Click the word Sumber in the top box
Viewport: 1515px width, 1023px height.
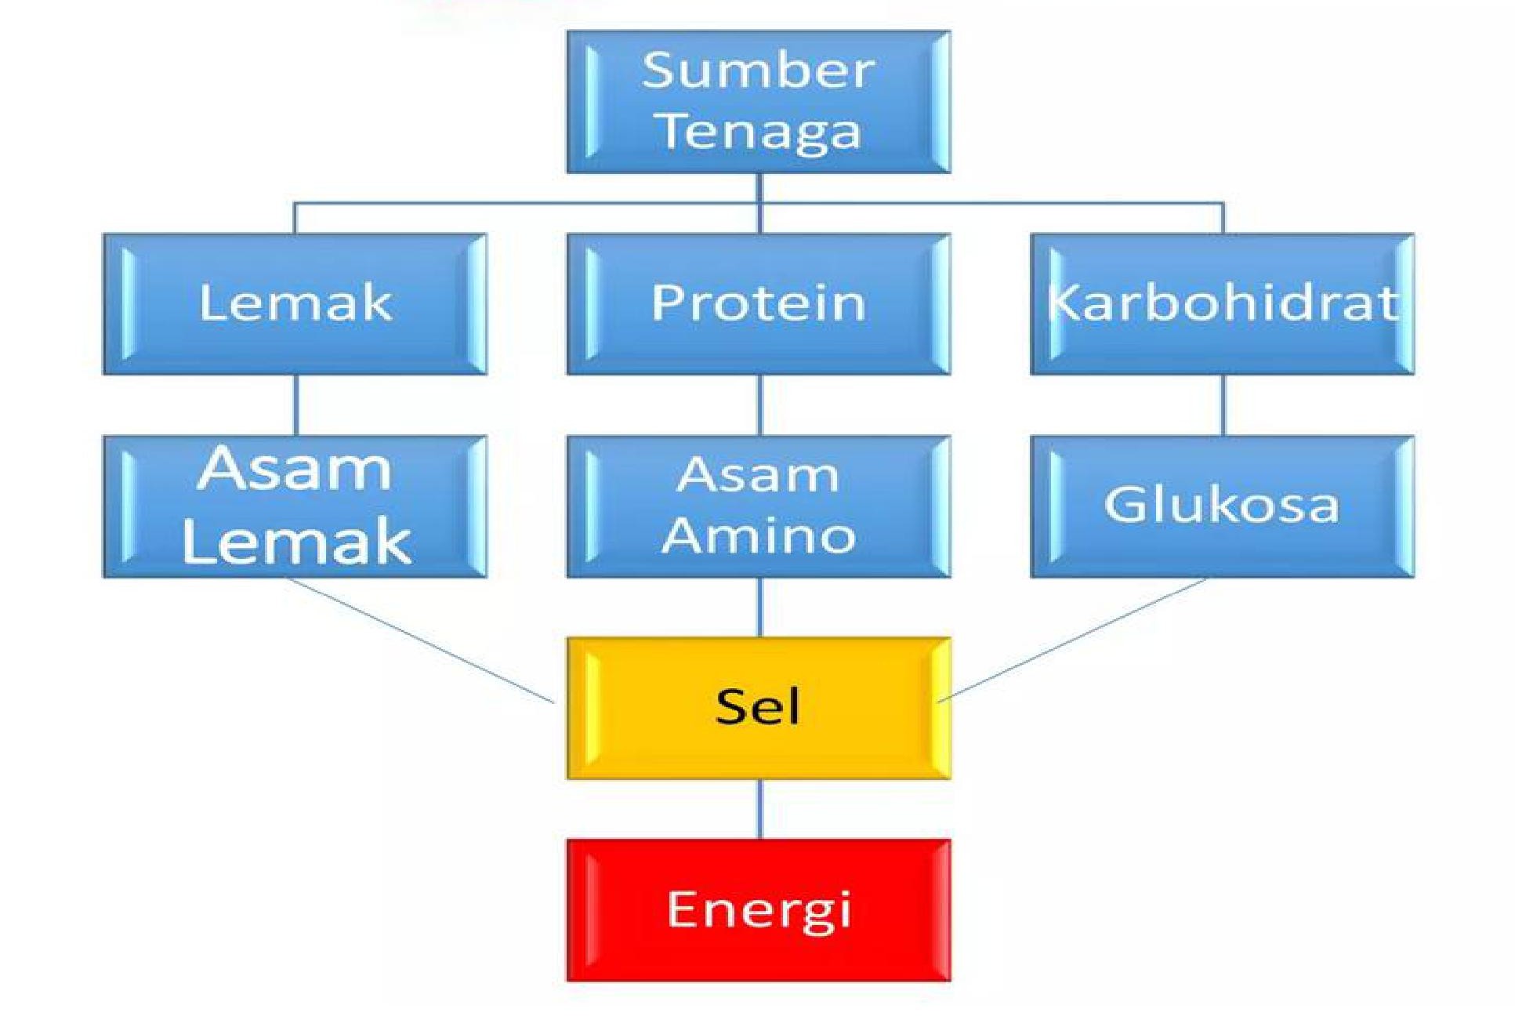[758, 71]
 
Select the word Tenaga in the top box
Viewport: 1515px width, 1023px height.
[760, 131]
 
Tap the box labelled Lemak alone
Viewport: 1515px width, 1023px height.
[295, 303]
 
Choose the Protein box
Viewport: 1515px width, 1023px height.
[758, 303]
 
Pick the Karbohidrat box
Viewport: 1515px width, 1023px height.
[1222, 303]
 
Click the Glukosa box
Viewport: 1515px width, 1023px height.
[1222, 506]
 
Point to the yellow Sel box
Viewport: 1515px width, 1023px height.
[758, 708]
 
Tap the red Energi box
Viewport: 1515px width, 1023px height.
[758, 910]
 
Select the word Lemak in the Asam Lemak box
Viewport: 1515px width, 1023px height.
[296, 542]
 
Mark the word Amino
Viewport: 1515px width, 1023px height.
[758, 536]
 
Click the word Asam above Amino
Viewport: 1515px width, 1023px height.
[758, 475]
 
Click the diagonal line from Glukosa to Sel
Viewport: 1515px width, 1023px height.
[1074, 638]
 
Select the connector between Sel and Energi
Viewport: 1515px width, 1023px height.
[759, 809]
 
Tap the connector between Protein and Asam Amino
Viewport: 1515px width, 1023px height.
[759, 404]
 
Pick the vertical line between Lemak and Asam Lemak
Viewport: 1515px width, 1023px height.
[295, 404]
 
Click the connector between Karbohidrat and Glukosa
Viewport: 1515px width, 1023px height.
[1223, 404]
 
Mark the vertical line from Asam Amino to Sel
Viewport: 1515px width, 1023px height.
[759, 608]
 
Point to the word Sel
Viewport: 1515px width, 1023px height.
[758, 707]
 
